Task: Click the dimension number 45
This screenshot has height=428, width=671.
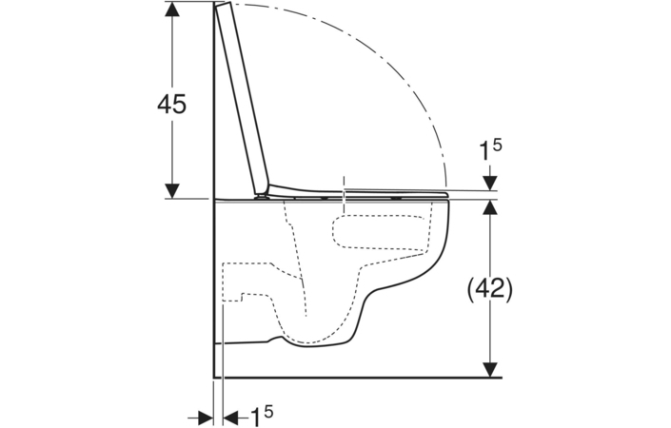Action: click(171, 104)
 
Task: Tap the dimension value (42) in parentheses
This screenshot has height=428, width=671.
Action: click(489, 290)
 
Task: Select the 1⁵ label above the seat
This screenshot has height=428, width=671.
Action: click(489, 150)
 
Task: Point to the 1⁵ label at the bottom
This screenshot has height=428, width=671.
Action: click(261, 416)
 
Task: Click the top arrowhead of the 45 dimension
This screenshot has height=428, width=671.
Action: click(172, 10)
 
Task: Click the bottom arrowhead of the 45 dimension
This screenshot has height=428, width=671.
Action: click(172, 190)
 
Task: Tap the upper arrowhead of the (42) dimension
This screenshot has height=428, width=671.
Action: click(490, 207)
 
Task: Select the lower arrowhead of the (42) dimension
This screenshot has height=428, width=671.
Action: click(490, 370)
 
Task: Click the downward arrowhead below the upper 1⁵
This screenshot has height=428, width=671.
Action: click(490, 183)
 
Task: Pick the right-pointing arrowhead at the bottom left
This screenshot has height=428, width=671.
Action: click(206, 416)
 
